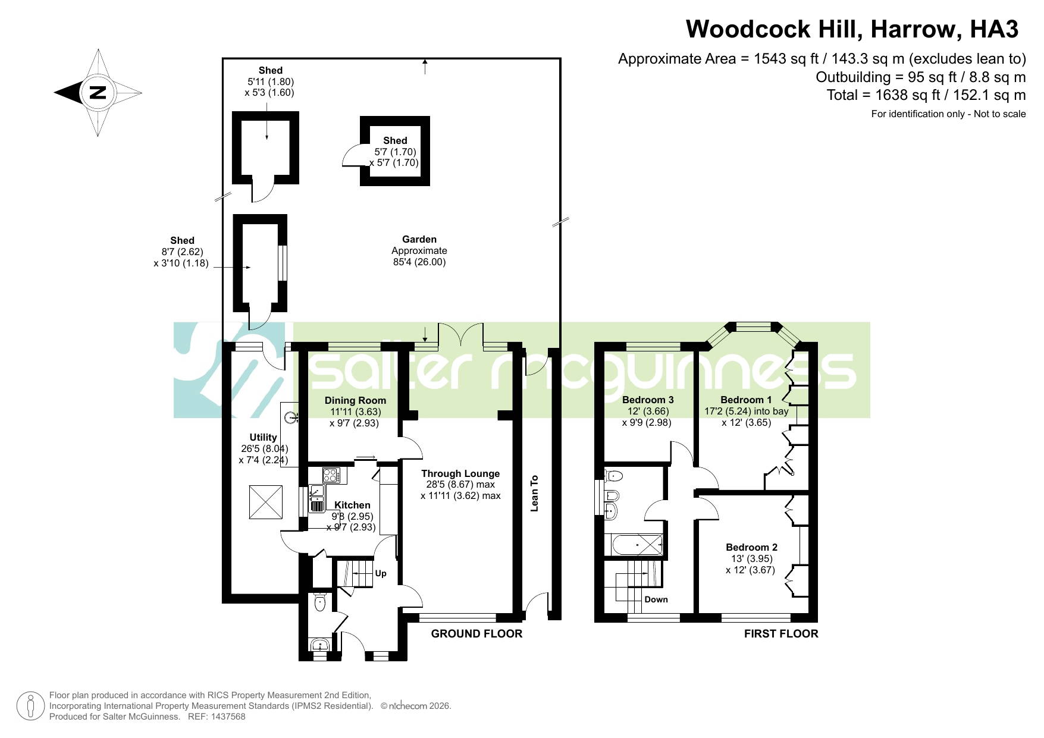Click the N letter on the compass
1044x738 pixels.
(x=98, y=93)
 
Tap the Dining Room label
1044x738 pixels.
(x=355, y=400)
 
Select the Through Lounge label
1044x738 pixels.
(x=460, y=473)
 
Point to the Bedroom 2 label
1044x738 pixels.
(x=751, y=547)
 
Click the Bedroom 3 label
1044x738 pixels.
(x=648, y=400)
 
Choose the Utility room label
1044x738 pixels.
(x=263, y=437)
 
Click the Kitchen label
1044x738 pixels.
(x=352, y=505)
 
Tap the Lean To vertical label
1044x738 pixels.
(x=534, y=493)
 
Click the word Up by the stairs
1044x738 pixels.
(x=381, y=573)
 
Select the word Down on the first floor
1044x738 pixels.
(x=656, y=599)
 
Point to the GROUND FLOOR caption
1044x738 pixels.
(x=476, y=634)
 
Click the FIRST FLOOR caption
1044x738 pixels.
(x=781, y=634)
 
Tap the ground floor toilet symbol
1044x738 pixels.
(x=320, y=602)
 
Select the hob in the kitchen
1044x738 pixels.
(x=331, y=476)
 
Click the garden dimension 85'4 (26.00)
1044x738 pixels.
(x=419, y=262)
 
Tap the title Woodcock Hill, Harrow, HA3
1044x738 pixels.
(x=852, y=29)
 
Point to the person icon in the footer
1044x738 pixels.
(x=30, y=706)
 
